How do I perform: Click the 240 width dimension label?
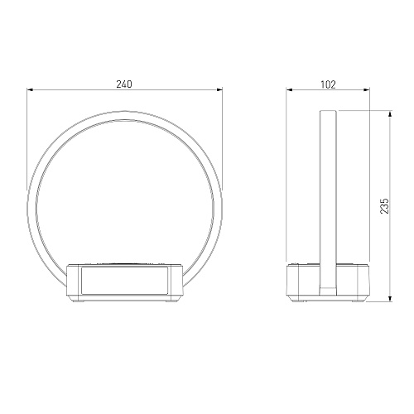coord(124,84)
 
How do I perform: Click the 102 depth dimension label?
coord(328,84)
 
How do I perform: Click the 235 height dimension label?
coord(384,205)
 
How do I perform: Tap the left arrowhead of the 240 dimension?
coord(30,89)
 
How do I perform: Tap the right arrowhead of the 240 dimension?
coord(219,89)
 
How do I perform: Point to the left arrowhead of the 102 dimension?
coord(289,89)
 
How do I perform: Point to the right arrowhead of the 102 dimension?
coord(366,89)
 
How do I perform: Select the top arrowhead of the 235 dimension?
coord(390,114)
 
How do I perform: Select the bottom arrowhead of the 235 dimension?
coord(390,298)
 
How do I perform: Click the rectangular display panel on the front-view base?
coord(124,281)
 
